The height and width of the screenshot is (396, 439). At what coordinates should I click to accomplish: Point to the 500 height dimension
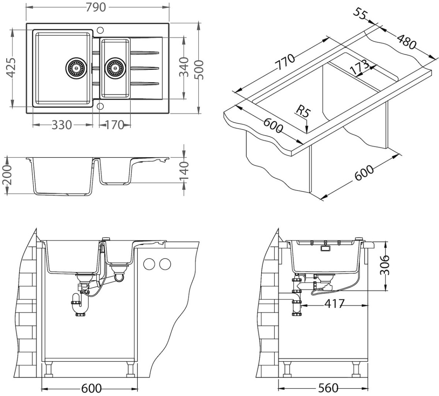[200, 68]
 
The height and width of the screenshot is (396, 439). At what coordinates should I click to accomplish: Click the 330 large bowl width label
[61, 125]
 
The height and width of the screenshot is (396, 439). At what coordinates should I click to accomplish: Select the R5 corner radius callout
[303, 113]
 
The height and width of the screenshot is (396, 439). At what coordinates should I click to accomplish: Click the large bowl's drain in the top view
[75, 68]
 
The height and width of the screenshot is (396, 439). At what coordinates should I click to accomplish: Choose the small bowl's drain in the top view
[115, 68]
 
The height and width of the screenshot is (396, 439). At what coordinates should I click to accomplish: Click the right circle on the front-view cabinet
[165, 264]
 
